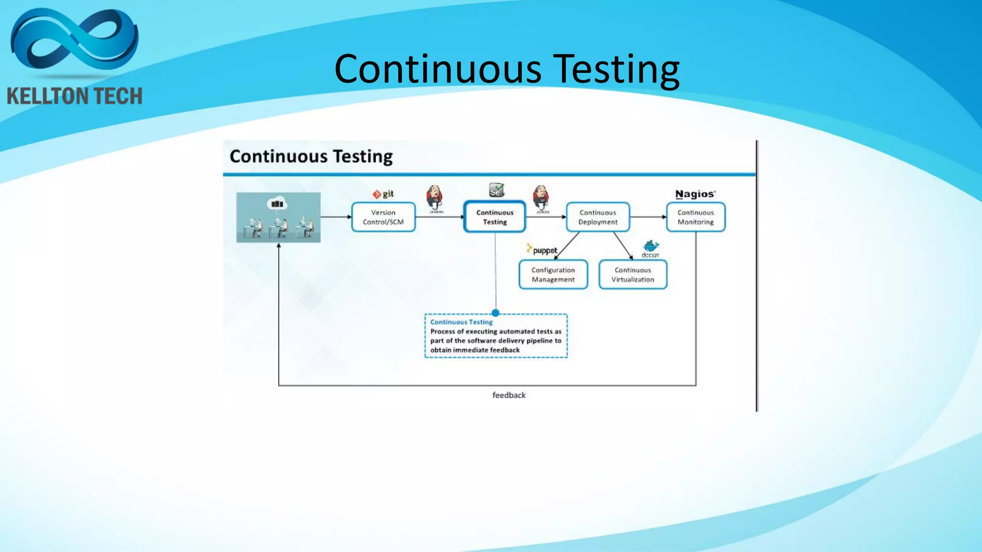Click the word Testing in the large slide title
[x=617, y=69]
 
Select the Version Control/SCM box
[x=383, y=217]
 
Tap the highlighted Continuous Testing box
[x=495, y=217]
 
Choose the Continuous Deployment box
[x=597, y=217]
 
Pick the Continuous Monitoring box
[x=695, y=217]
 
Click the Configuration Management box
[x=553, y=275]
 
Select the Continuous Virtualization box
[x=632, y=275]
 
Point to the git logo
[x=383, y=194]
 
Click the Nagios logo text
[x=695, y=194]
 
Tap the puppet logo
[x=542, y=250]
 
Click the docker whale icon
[x=651, y=247]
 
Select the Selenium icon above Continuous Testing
[x=496, y=190]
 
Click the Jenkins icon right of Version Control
[x=434, y=197]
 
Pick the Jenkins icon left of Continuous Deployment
[x=541, y=197]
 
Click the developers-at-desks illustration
[x=278, y=218]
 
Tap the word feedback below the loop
[x=509, y=395]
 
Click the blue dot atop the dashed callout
[x=495, y=313]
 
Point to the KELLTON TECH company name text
[x=74, y=96]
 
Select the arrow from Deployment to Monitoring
[x=647, y=217]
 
